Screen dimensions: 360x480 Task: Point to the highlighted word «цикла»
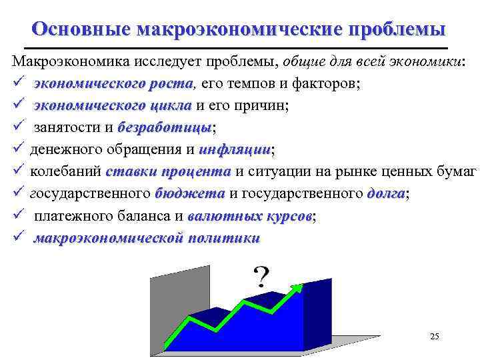coord(171,106)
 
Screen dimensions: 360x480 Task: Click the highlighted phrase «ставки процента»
coord(167,171)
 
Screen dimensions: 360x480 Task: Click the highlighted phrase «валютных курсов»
coord(250,217)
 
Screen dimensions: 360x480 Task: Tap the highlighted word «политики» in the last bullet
coord(225,239)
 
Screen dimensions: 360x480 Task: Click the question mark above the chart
coord(261,276)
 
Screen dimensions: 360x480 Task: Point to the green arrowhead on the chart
coord(295,287)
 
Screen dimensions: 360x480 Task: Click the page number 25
coord(435,337)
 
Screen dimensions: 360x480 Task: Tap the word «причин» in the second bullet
coord(263,106)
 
